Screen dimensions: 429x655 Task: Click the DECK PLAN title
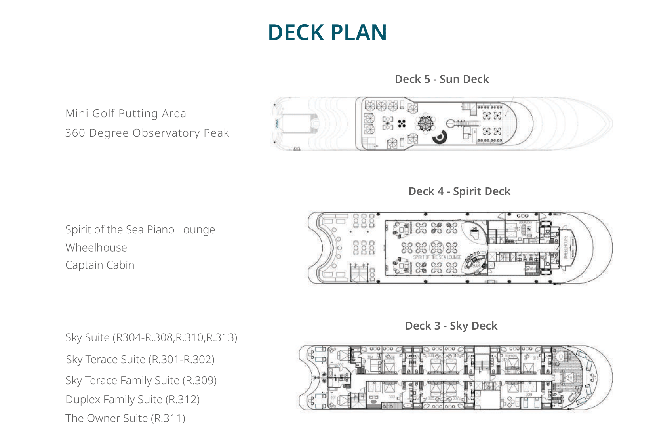tap(327, 32)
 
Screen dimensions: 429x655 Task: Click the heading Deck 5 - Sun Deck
tap(442, 79)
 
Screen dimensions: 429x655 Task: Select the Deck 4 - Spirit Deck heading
tap(459, 191)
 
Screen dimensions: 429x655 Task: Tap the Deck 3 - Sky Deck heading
tap(451, 326)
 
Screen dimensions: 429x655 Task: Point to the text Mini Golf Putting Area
tap(126, 114)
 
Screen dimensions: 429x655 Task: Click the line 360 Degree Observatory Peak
tap(147, 133)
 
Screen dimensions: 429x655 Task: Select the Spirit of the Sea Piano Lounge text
tap(140, 230)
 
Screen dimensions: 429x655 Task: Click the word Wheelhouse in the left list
tap(96, 248)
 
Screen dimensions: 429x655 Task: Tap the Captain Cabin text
tap(100, 265)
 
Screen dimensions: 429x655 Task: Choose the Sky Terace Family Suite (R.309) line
tap(141, 381)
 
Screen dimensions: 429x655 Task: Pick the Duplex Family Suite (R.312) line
tap(132, 400)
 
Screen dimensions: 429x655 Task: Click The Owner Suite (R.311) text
tap(125, 418)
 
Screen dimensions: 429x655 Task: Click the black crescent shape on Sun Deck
tap(440, 137)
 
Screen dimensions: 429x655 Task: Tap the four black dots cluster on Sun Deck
tap(402, 124)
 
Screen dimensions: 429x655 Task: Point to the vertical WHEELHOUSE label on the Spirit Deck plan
tap(566, 248)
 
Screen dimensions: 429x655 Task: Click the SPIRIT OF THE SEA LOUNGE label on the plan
tap(437, 257)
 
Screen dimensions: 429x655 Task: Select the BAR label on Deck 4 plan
tap(476, 265)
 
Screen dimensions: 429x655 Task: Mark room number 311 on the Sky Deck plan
tap(570, 379)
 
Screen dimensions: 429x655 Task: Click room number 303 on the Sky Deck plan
tap(392, 397)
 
